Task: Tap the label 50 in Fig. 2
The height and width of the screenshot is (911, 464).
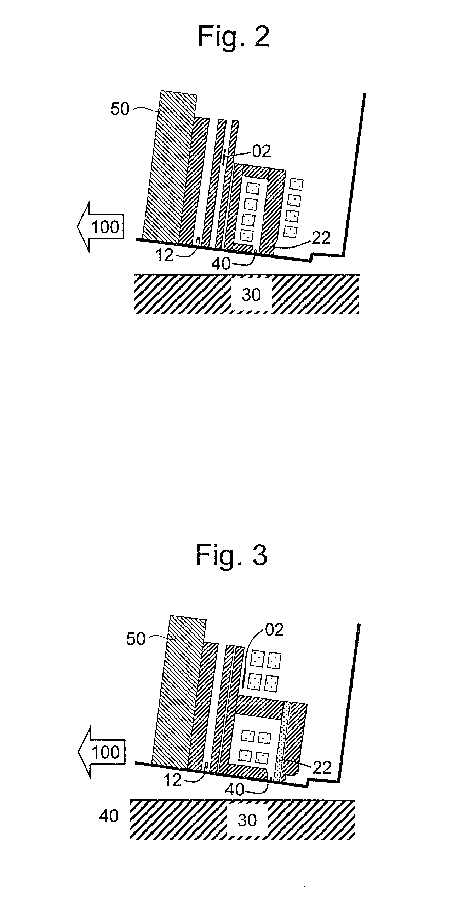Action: pyautogui.click(x=120, y=109)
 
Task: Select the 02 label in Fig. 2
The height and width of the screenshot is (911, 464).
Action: pyautogui.click(x=262, y=151)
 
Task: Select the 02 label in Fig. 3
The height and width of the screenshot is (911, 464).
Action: pyautogui.click(x=274, y=630)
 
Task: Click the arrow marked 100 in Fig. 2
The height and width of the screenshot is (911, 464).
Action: pyautogui.click(x=101, y=227)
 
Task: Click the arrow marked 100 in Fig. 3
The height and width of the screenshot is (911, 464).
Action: pyautogui.click(x=102, y=752)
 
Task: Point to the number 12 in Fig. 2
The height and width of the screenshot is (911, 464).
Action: pyautogui.click(x=165, y=255)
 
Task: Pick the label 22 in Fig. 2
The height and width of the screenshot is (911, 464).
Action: pyautogui.click(x=321, y=238)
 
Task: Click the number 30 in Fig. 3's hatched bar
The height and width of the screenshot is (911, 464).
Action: pyautogui.click(x=247, y=820)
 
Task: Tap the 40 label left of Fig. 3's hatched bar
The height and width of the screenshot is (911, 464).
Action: pyautogui.click(x=109, y=816)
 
